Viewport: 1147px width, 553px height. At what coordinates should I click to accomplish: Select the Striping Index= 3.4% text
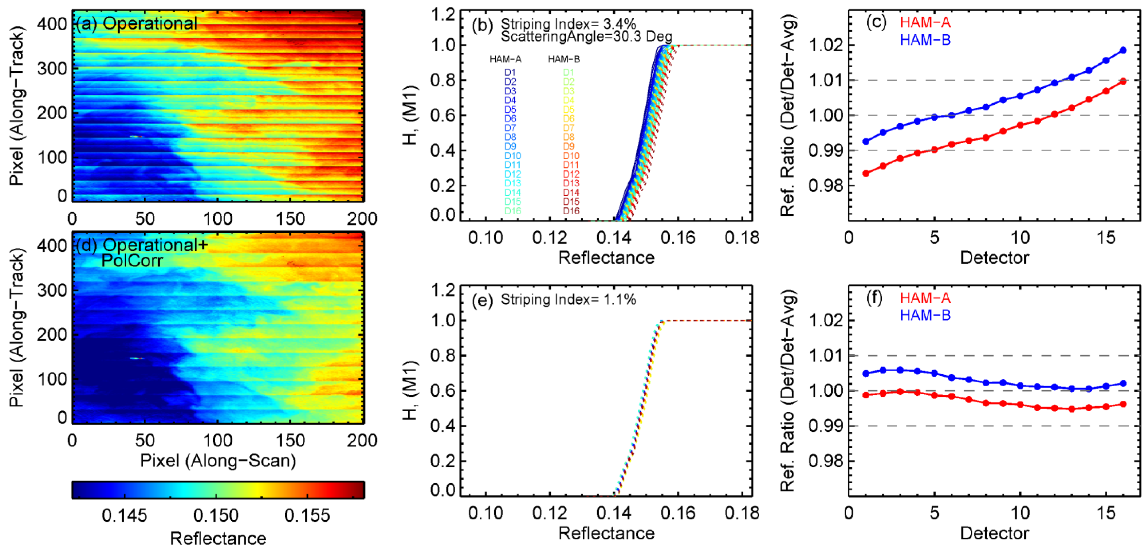click(x=568, y=24)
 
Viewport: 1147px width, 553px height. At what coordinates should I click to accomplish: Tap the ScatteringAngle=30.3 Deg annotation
click(x=586, y=36)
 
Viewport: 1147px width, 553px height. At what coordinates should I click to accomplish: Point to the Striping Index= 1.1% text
click(x=568, y=300)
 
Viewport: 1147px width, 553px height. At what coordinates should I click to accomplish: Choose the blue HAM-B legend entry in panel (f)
click(x=925, y=316)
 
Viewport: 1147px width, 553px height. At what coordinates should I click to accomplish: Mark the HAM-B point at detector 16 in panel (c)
click(x=1123, y=50)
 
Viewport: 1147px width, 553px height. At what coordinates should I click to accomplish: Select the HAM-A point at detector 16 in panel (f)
click(x=1123, y=404)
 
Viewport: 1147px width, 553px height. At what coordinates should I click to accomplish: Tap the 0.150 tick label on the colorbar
click(x=216, y=515)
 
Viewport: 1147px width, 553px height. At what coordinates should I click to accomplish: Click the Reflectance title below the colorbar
click(x=218, y=539)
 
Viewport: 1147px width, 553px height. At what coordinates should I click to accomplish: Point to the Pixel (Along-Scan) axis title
click(x=218, y=460)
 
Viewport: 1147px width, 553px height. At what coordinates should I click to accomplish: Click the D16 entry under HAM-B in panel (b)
click(x=571, y=211)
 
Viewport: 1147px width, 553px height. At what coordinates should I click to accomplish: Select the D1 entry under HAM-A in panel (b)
click(x=510, y=72)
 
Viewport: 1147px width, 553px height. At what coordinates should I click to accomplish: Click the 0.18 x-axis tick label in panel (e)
click(x=742, y=513)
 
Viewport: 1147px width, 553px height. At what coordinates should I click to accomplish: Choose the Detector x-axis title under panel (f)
click(x=994, y=533)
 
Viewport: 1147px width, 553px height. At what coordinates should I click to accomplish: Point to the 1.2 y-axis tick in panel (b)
click(x=444, y=15)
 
